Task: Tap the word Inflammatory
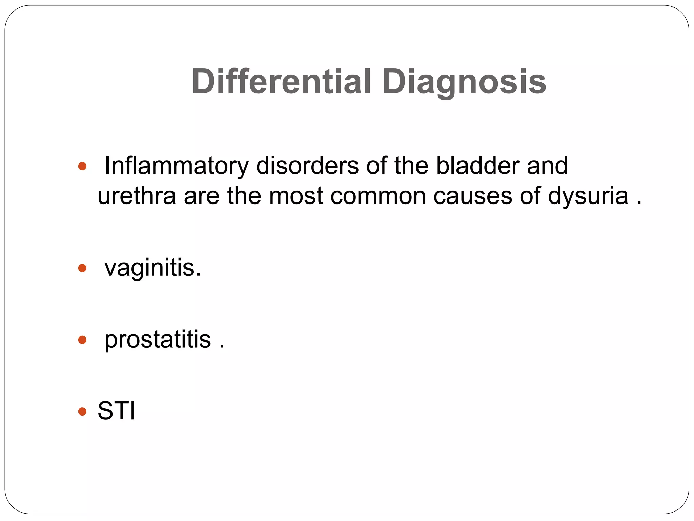pyautogui.click(x=177, y=166)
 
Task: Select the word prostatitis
pyautogui.click(x=158, y=340)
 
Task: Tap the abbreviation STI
pyautogui.click(x=117, y=411)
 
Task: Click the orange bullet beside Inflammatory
pyautogui.click(x=82, y=167)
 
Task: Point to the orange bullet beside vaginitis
pyautogui.click(x=82, y=269)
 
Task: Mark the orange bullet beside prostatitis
pyautogui.click(x=82, y=340)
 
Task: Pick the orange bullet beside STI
pyautogui.click(x=82, y=411)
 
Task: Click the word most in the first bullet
pyautogui.click(x=296, y=196)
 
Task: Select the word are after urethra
pyautogui.click(x=202, y=196)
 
